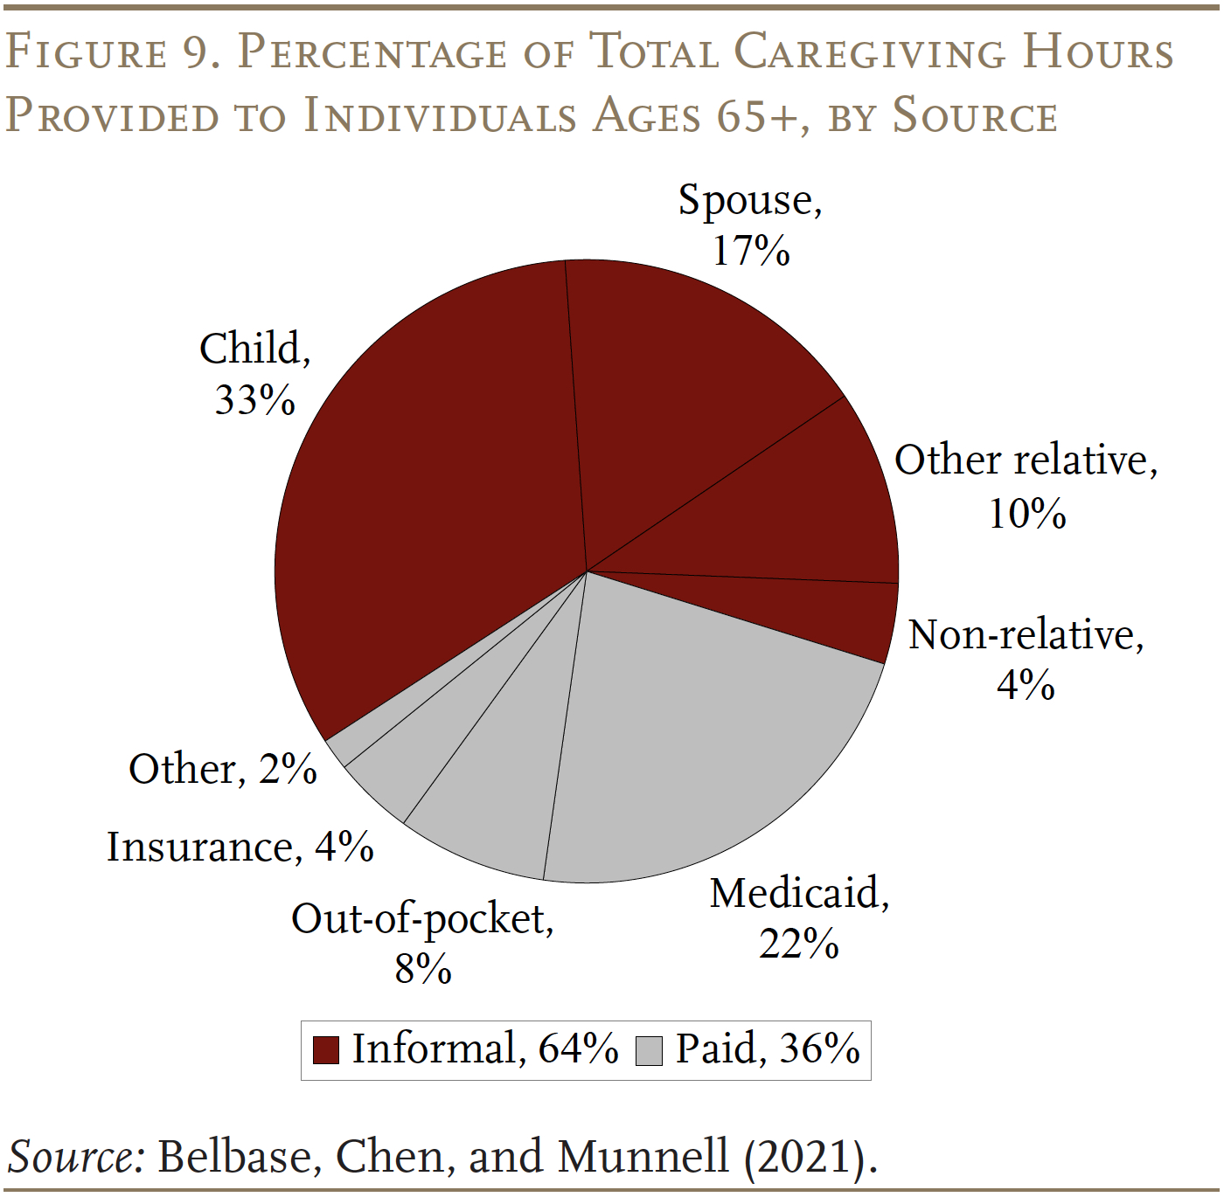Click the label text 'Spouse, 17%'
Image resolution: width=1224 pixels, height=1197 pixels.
750,225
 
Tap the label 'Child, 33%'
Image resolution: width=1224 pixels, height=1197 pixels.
254,373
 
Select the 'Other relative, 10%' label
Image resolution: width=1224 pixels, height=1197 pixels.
1026,485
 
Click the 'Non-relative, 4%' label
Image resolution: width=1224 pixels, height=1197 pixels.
1026,659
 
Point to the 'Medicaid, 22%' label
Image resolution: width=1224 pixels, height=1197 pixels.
799,917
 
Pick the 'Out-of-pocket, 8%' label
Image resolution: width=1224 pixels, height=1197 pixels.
422,943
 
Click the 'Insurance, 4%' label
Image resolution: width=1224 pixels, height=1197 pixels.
240,847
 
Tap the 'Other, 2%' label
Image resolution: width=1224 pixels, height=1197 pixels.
222,769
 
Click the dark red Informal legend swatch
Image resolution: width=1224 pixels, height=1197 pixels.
325,1050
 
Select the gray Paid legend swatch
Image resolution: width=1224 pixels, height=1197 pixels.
650,1050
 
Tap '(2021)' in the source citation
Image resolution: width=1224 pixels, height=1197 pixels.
810,1157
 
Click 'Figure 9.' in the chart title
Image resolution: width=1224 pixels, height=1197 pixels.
112,52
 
